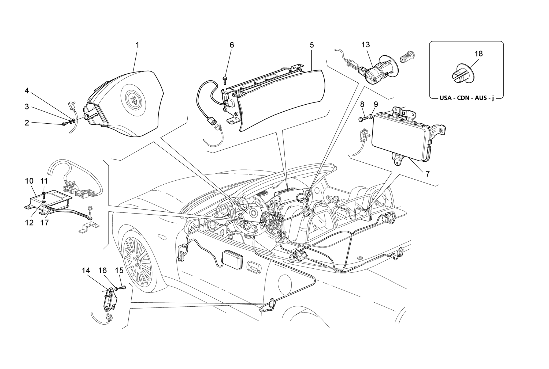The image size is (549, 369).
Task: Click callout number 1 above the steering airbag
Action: coord(137,45)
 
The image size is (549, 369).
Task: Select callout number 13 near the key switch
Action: coord(365,45)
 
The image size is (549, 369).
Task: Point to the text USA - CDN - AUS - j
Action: coord(466,98)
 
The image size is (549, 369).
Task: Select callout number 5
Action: coord(311,45)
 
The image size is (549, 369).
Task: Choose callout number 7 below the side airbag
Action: coord(427,174)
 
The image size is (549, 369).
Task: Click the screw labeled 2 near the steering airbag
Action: coord(65,124)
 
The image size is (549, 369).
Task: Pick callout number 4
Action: coord(27,91)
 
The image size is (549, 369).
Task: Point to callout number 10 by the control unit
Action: coord(29,181)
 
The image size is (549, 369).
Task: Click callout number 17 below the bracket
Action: coord(44,222)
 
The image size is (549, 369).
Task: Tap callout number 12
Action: coord(29,222)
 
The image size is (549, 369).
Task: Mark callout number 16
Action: coord(103,271)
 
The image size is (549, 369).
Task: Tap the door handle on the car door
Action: coord(254,268)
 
